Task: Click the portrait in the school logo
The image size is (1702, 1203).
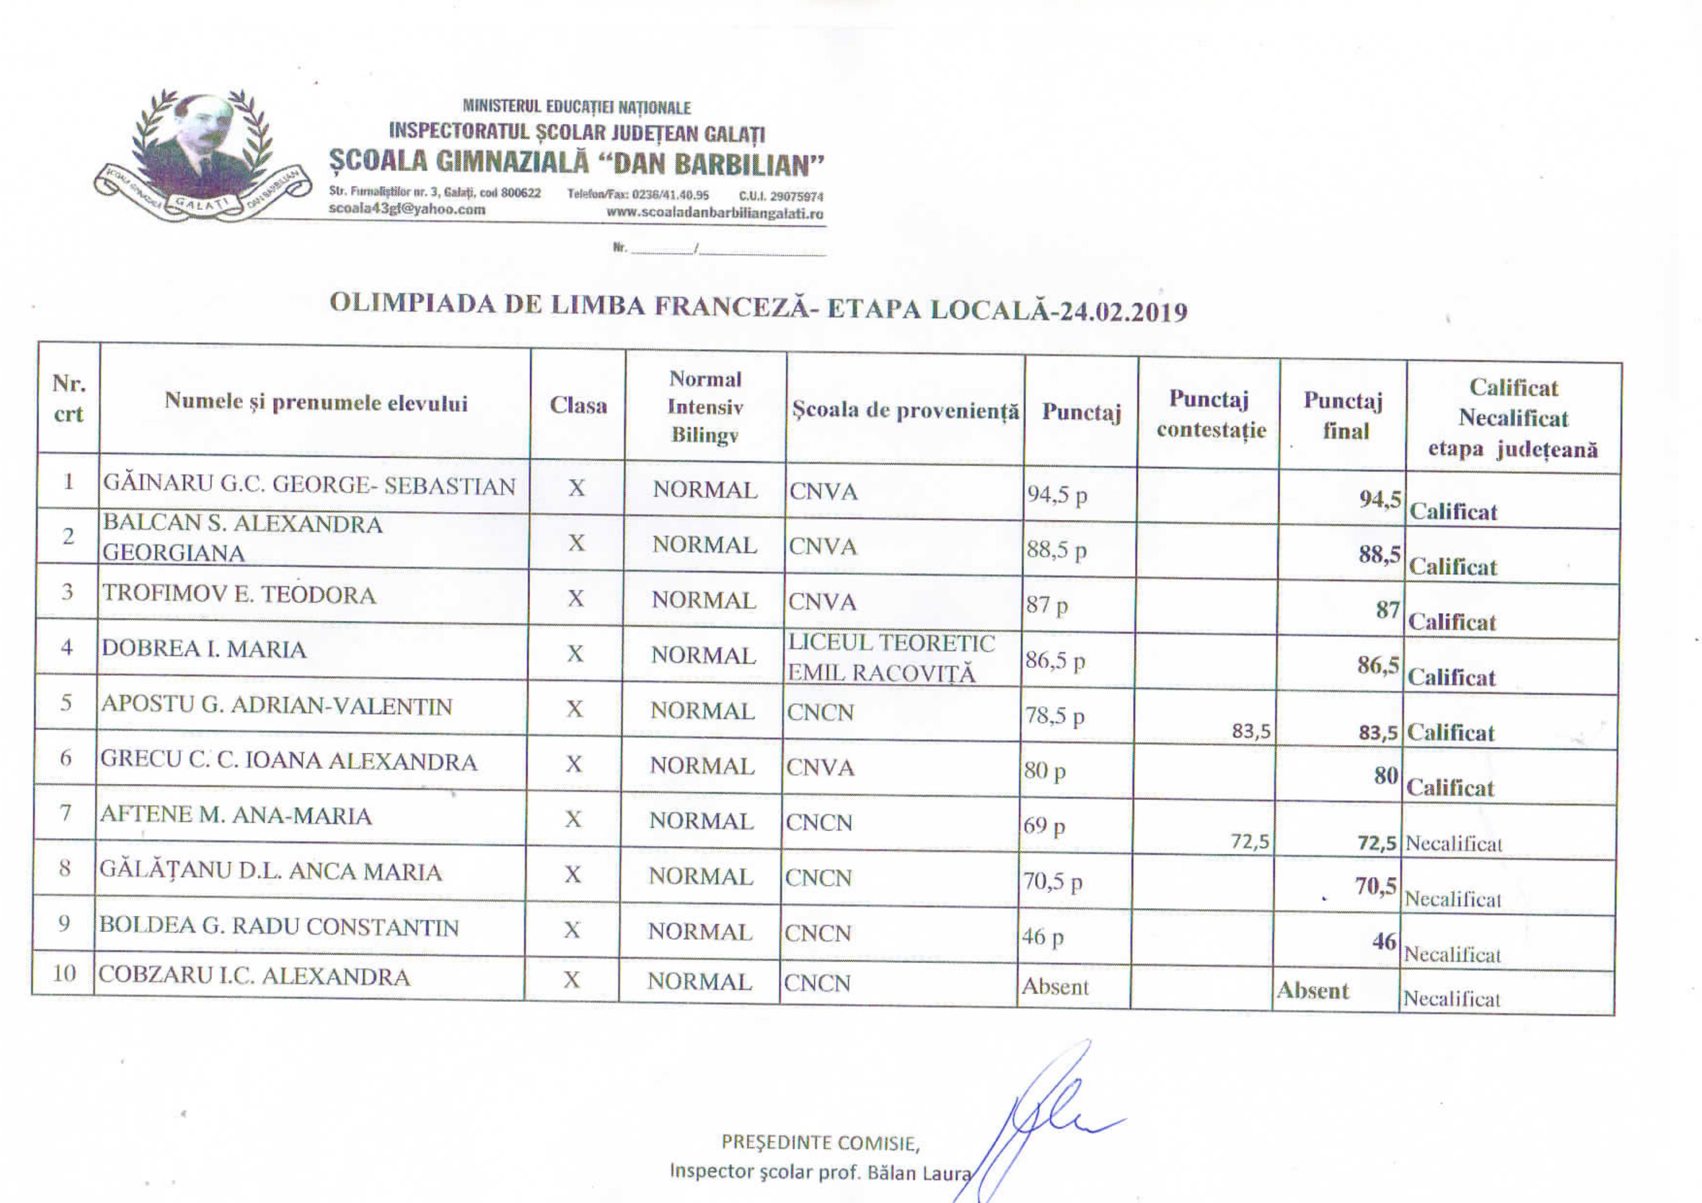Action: [201, 145]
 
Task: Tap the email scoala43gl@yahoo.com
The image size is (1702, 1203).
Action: [407, 209]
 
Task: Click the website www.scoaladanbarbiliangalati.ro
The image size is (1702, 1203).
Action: [715, 214]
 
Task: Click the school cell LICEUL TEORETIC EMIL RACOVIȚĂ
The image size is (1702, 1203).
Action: [891, 658]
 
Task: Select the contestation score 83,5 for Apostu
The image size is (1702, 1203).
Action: [1251, 732]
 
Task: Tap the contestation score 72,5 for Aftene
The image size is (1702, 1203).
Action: [1250, 841]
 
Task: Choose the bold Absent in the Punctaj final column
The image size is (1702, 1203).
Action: [1312, 990]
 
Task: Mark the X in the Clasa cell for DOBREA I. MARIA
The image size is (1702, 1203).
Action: [575, 654]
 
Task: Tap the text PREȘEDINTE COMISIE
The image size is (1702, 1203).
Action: [820, 1142]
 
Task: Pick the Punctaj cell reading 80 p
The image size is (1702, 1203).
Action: [1045, 772]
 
